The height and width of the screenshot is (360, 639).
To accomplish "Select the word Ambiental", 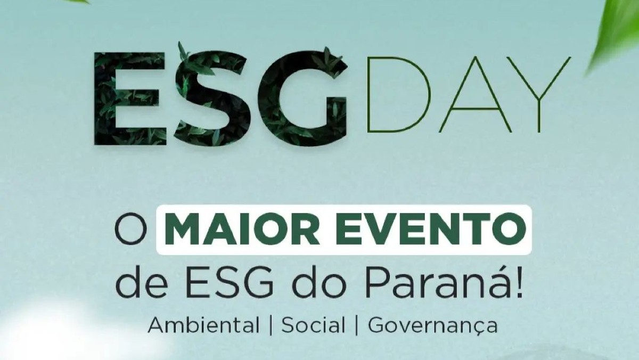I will coord(204,325).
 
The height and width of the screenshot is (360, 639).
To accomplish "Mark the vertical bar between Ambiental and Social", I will coord(271,325).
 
